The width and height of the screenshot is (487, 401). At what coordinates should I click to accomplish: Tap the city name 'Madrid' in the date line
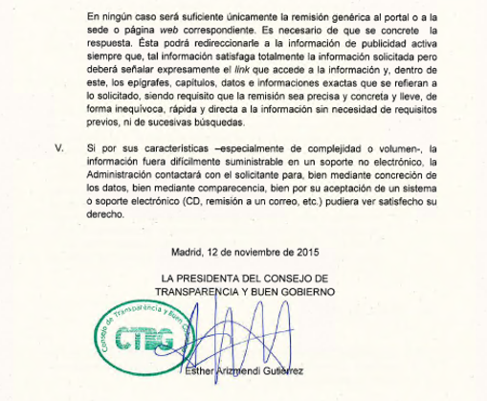[x=188, y=254]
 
